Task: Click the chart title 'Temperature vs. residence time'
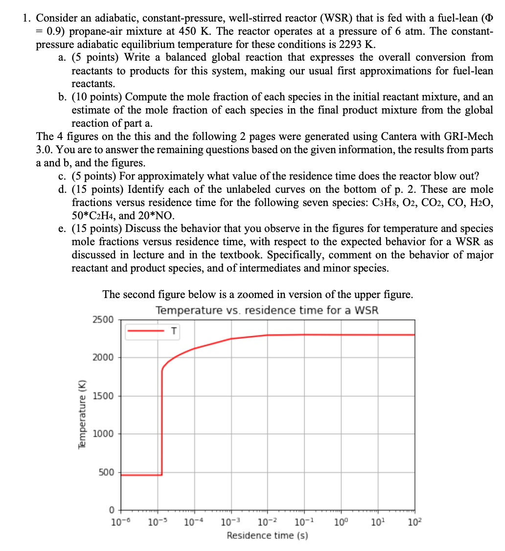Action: point(267,310)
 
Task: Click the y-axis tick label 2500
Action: point(103,320)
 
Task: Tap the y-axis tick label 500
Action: point(106,472)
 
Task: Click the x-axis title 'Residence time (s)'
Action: point(267,535)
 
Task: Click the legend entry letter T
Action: point(173,331)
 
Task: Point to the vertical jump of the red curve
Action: point(162,421)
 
